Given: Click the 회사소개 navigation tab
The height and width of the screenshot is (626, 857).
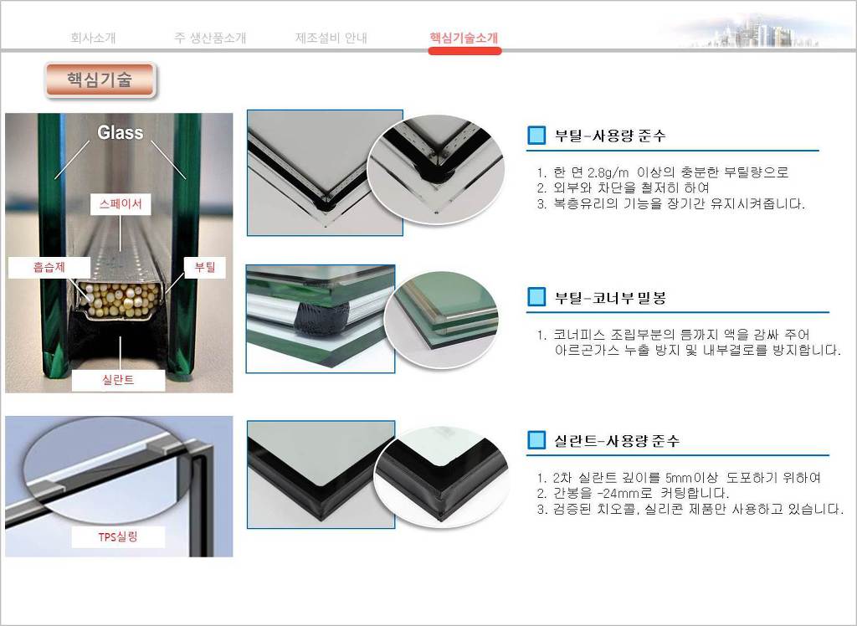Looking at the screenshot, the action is (93, 38).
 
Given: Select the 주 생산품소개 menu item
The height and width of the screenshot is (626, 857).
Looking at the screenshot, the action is (210, 38).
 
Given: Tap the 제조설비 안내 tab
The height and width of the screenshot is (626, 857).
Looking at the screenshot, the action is (331, 38).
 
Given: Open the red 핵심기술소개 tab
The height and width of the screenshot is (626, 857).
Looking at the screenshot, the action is (464, 38).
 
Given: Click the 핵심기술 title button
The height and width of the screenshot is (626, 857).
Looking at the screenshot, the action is (100, 80).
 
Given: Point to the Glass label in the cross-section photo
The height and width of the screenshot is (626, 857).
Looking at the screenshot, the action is (121, 132).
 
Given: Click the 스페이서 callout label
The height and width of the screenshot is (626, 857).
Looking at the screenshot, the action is (121, 204).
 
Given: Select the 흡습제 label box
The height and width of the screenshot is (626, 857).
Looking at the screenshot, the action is (49, 267).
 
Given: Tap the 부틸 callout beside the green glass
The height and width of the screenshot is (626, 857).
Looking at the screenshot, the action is (205, 267).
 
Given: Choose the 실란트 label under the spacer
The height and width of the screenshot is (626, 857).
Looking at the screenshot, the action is (118, 380).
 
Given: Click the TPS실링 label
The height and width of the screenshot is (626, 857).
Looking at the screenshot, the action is (118, 537).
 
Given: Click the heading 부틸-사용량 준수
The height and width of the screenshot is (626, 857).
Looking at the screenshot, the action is (610, 136).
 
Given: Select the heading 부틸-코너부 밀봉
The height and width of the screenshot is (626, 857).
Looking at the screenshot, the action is (610, 298).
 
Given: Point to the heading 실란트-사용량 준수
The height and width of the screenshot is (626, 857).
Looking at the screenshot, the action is (617, 441).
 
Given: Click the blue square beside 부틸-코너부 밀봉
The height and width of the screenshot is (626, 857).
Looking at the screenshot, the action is (536, 297).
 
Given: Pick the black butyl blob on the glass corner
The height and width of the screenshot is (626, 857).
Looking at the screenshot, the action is (322, 316).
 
